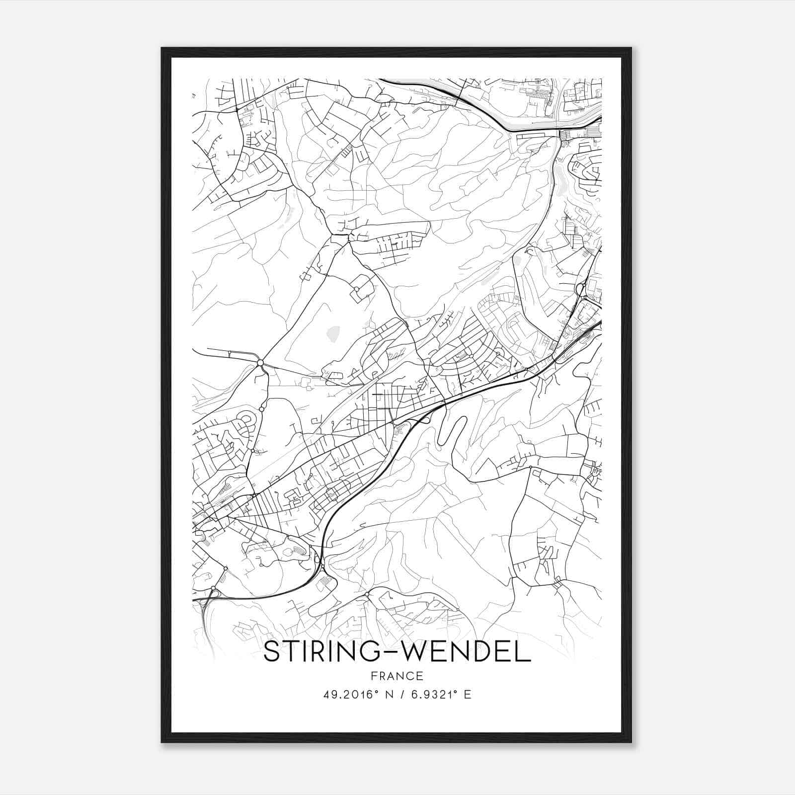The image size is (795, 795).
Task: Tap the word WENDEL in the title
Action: click(466, 652)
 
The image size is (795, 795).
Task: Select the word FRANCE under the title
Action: click(397, 676)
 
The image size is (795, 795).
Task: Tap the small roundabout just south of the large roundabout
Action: click(261, 409)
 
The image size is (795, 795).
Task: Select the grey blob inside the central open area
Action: click(333, 334)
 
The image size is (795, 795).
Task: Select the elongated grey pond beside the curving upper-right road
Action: click(560, 183)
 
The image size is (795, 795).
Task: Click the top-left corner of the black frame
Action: click(162, 49)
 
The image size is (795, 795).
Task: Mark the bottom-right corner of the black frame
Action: click(631, 742)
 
